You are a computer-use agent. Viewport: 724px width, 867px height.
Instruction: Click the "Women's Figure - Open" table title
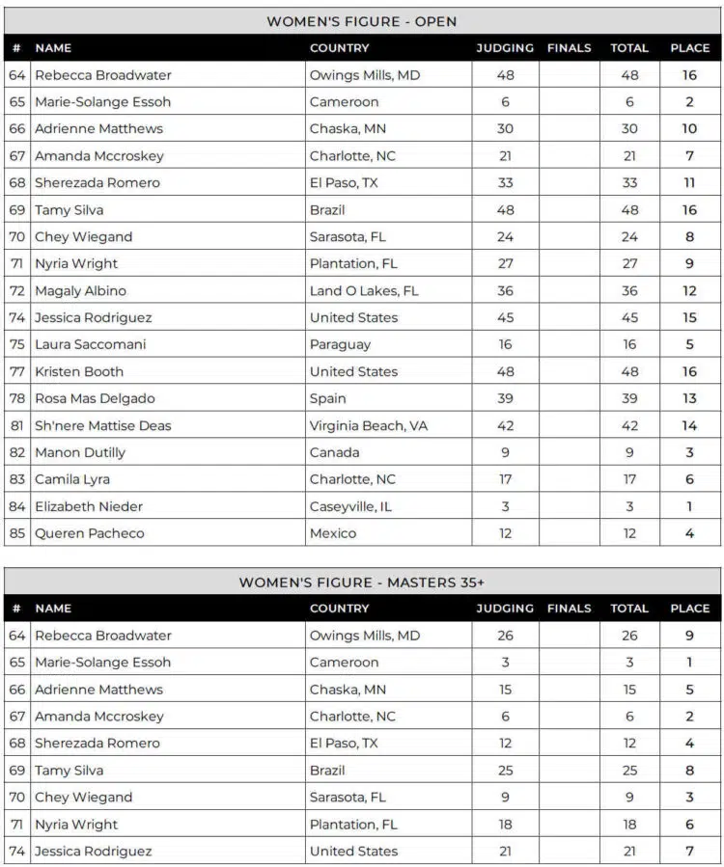362,21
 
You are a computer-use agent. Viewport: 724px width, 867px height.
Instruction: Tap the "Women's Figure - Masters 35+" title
362,583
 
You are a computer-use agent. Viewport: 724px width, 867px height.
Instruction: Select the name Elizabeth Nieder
89,506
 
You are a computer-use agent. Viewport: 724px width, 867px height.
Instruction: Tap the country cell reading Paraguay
340,344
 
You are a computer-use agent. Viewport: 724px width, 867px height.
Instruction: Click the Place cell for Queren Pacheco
689,533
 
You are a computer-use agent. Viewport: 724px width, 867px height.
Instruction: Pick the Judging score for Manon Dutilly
505,452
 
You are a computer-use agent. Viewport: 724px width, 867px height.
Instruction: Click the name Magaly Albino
80,290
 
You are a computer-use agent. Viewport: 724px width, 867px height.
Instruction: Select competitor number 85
17,533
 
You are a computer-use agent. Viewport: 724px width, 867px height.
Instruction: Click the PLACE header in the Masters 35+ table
689,609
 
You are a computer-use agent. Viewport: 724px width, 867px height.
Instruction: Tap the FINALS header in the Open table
571,47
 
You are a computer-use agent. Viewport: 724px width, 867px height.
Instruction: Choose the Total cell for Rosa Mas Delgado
629,398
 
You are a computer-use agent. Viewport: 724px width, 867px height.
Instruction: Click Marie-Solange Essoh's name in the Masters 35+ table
102,663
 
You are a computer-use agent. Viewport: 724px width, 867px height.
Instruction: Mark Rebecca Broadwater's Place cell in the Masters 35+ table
689,636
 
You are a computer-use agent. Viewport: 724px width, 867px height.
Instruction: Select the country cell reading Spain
328,398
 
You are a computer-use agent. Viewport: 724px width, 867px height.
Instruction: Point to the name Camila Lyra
72,479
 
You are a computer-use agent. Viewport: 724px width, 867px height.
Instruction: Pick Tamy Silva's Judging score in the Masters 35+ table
505,771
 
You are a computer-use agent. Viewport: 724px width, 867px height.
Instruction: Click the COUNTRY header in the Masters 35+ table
339,609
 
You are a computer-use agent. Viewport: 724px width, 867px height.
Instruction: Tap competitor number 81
17,425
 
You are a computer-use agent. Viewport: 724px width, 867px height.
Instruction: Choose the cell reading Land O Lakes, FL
364,290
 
